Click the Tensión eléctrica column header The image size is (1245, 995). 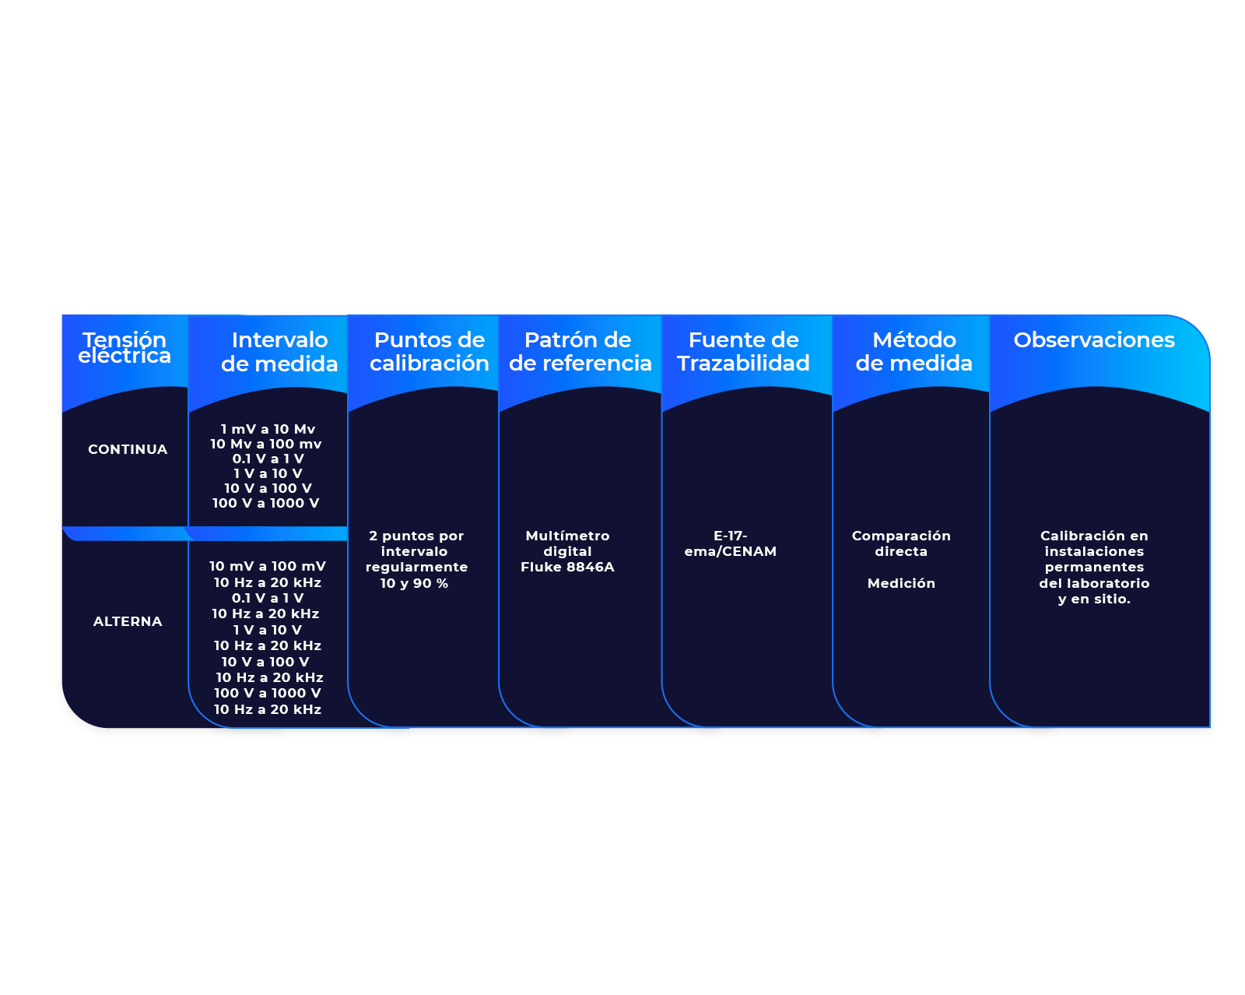124,348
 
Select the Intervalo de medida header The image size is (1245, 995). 279,352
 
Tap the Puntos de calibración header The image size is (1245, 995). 430,352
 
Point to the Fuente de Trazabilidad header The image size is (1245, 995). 743,352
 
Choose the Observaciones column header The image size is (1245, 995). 1094,340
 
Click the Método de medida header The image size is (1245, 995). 914,352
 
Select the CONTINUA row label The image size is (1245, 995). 128,449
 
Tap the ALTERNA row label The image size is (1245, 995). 128,621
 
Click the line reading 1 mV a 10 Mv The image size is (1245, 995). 268,429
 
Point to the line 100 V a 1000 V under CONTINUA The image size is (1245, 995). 266,503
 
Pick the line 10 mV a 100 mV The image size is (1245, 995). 268,566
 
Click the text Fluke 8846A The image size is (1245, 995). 567,567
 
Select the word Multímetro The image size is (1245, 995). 567,536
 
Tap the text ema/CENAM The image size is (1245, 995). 731,551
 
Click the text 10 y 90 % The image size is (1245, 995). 414,583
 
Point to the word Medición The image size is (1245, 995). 901,583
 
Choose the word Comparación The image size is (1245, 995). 901,536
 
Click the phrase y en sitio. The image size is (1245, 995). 1094,599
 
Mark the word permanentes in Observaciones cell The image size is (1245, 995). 1094,567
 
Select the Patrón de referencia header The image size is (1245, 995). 580,352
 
